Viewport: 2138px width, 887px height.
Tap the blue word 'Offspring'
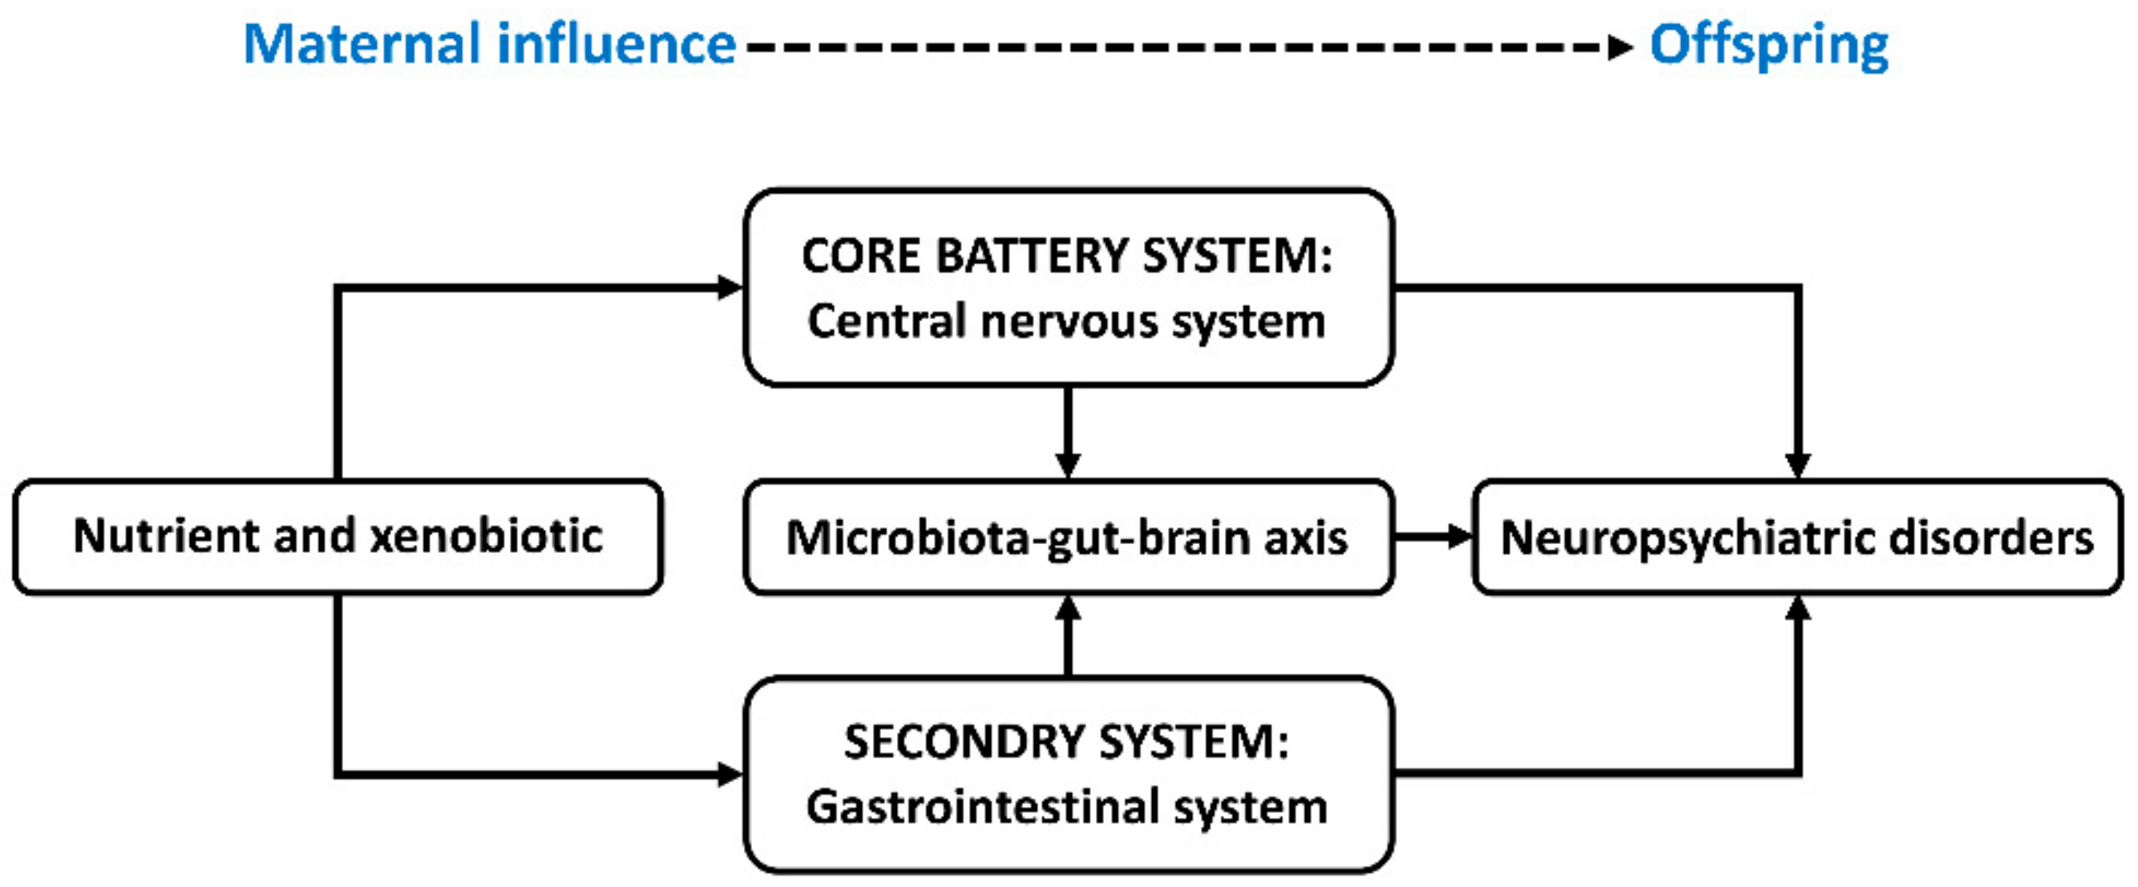(1768, 45)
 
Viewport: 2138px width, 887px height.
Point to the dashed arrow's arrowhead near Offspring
(1619, 46)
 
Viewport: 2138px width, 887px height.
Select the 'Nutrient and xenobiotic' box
(337, 536)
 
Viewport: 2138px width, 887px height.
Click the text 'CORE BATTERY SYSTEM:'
(1067, 256)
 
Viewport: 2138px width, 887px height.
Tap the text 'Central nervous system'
(1067, 322)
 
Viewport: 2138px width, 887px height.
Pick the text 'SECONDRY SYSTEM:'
(1067, 741)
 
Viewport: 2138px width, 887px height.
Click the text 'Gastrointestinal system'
(1067, 808)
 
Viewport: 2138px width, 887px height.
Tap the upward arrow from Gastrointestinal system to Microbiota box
(1067, 635)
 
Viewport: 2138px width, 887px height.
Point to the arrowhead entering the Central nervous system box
(730, 287)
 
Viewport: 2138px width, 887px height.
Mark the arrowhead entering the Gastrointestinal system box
(730, 774)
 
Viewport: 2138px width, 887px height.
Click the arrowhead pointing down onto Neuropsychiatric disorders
(1798, 465)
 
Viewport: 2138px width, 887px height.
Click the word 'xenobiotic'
(487, 536)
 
